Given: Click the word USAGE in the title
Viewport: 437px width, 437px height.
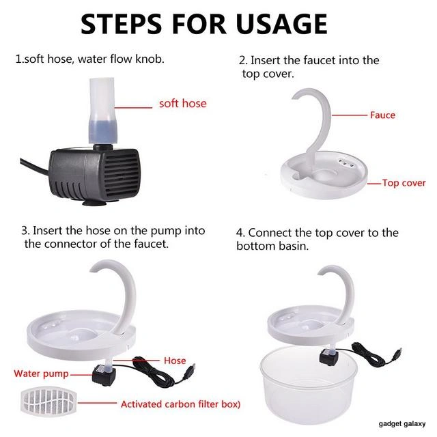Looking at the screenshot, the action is tap(281, 25).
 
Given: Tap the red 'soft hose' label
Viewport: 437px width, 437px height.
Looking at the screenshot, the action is tap(183, 103).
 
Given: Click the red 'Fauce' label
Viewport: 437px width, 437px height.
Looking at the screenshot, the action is tap(382, 115).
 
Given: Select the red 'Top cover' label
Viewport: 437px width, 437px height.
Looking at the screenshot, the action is tap(404, 183).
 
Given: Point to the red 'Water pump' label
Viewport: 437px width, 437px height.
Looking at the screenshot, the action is tap(41, 373).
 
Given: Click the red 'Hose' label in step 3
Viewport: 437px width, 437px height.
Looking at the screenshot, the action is tap(175, 361).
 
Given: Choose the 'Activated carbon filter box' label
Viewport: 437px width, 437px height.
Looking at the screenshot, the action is tap(180, 404).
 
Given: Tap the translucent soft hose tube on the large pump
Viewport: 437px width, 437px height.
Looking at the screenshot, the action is tap(102, 111).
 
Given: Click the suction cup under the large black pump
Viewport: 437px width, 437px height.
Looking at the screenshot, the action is tap(94, 203).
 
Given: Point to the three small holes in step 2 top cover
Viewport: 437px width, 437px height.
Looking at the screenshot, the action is tap(346, 163).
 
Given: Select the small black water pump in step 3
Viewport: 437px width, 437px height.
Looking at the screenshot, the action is tap(104, 376).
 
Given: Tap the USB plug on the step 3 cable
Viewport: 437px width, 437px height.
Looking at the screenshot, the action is tap(191, 369).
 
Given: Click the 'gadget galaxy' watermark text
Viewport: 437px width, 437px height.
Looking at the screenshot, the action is tap(402, 424).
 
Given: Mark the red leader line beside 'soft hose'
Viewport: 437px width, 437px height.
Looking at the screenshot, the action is tap(133, 107).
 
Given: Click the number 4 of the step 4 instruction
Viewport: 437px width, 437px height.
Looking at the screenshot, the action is tap(239, 233).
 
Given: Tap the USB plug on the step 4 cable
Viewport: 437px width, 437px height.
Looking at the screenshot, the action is tap(399, 352).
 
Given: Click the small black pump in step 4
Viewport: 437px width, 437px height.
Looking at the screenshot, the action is tap(329, 358).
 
